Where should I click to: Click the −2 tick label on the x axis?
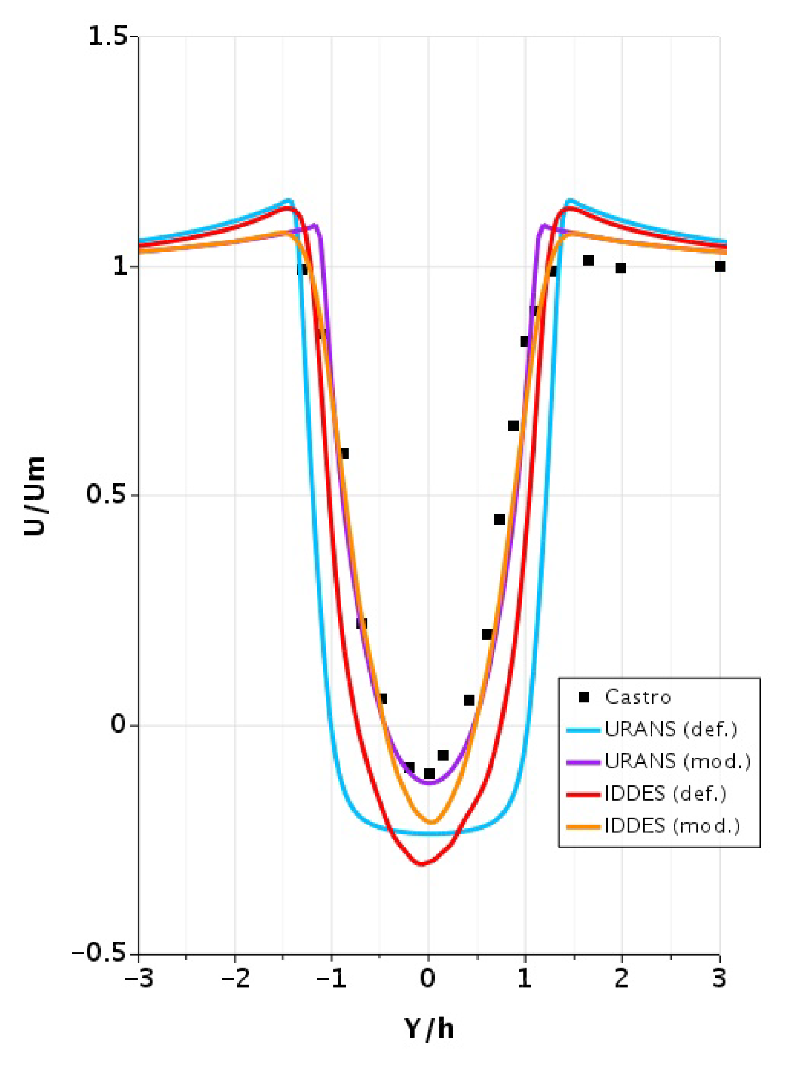235,979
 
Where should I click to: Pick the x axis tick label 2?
621,979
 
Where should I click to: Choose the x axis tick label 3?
719,979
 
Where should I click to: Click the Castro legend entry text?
638,697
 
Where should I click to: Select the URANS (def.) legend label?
670,729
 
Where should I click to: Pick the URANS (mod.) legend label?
677,761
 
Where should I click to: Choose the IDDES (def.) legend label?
665,794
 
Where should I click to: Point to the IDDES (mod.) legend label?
672,826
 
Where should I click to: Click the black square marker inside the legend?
583,697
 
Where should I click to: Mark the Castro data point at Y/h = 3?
720,267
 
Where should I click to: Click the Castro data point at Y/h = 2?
621,268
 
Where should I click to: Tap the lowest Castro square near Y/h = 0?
429,774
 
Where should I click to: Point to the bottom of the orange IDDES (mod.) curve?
431,823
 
